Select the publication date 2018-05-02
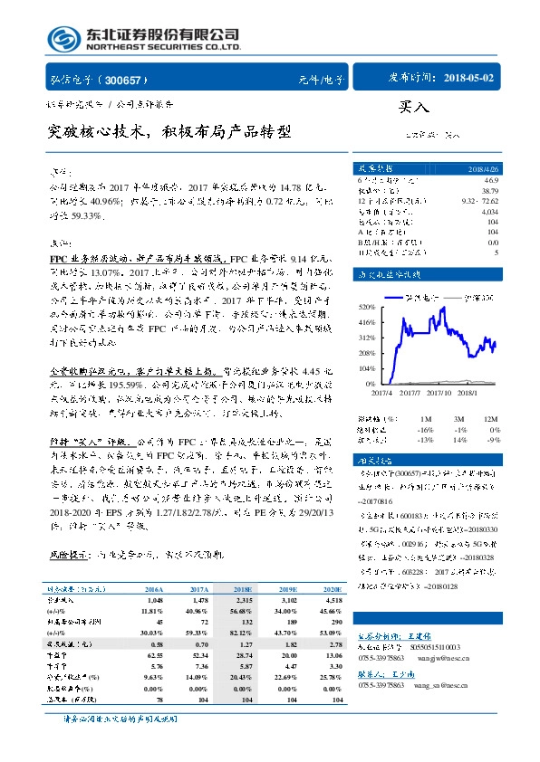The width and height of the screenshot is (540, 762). click(x=470, y=79)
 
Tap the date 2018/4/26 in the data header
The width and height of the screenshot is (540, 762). click(x=480, y=168)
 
